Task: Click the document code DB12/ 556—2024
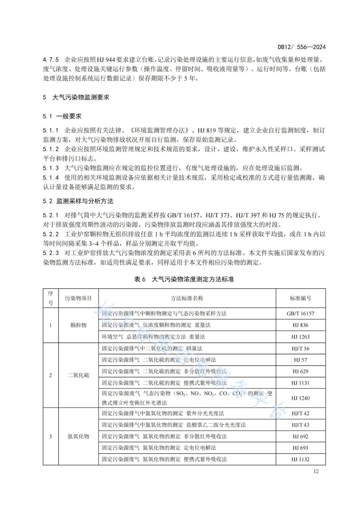(x=301, y=47)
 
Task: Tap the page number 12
(x=316, y=471)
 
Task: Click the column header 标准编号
(x=300, y=298)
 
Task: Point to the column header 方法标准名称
(x=187, y=298)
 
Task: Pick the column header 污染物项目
(x=78, y=298)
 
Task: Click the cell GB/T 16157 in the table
(x=300, y=313)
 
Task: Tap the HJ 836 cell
(x=300, y=325)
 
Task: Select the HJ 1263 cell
(x=300, y=337)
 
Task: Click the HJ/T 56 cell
(x=300, y=348)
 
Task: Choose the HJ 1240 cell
(x=300, y=398)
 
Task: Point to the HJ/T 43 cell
(x=300, y=425)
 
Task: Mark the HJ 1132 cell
(x=300, y=459)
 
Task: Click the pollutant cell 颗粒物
(x=78, y=325)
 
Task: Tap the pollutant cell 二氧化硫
(x=78, y=375)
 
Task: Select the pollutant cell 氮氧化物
(x=78, y=436)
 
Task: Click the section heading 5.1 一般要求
(x=62, y=116)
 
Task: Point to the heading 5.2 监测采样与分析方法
(x=78, y=201)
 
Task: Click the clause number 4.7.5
(x=51, y=60)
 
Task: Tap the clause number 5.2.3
(x=51, y=253)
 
